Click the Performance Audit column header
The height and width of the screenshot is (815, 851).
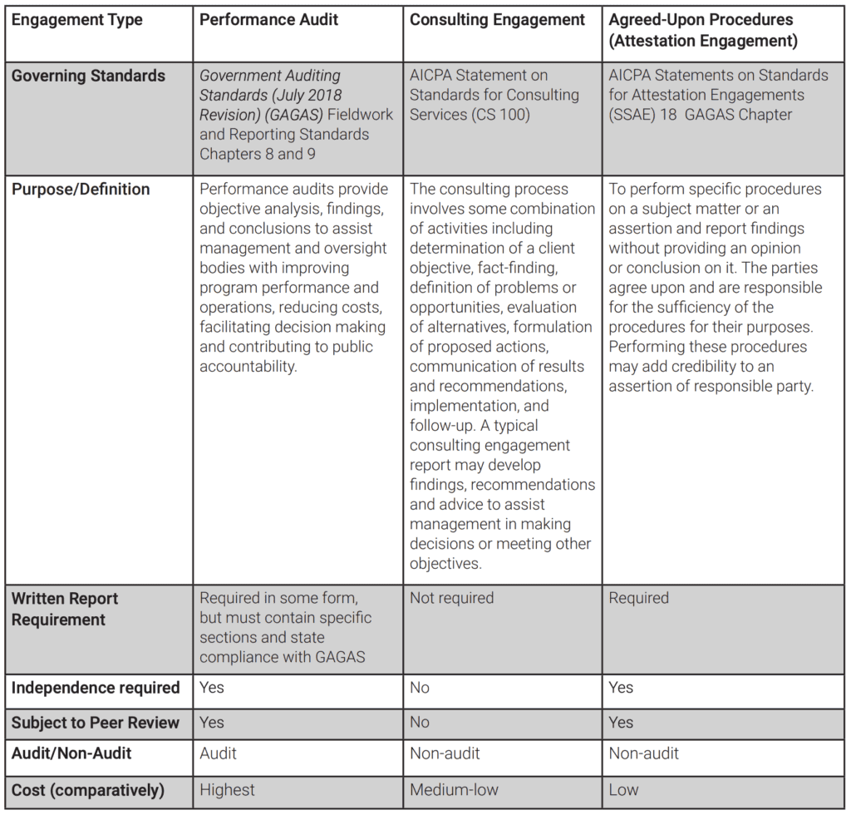(269, 20)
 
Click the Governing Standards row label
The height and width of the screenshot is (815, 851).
(89, 76)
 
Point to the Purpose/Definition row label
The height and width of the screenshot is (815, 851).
(81, 190)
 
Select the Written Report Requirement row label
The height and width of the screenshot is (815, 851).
(65, 609)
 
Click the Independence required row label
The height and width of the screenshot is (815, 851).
(96, 688)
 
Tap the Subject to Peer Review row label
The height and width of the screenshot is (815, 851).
(96, 723)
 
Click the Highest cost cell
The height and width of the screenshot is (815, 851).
(228, 789)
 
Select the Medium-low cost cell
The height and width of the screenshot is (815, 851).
(454, 789)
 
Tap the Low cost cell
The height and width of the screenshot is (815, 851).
(623, 789)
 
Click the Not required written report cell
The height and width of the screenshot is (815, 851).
(451, 598)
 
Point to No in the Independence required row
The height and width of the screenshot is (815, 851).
(420, 688)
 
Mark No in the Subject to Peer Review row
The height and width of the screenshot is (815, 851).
(420, 723)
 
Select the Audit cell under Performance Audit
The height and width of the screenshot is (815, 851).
(218, 753)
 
